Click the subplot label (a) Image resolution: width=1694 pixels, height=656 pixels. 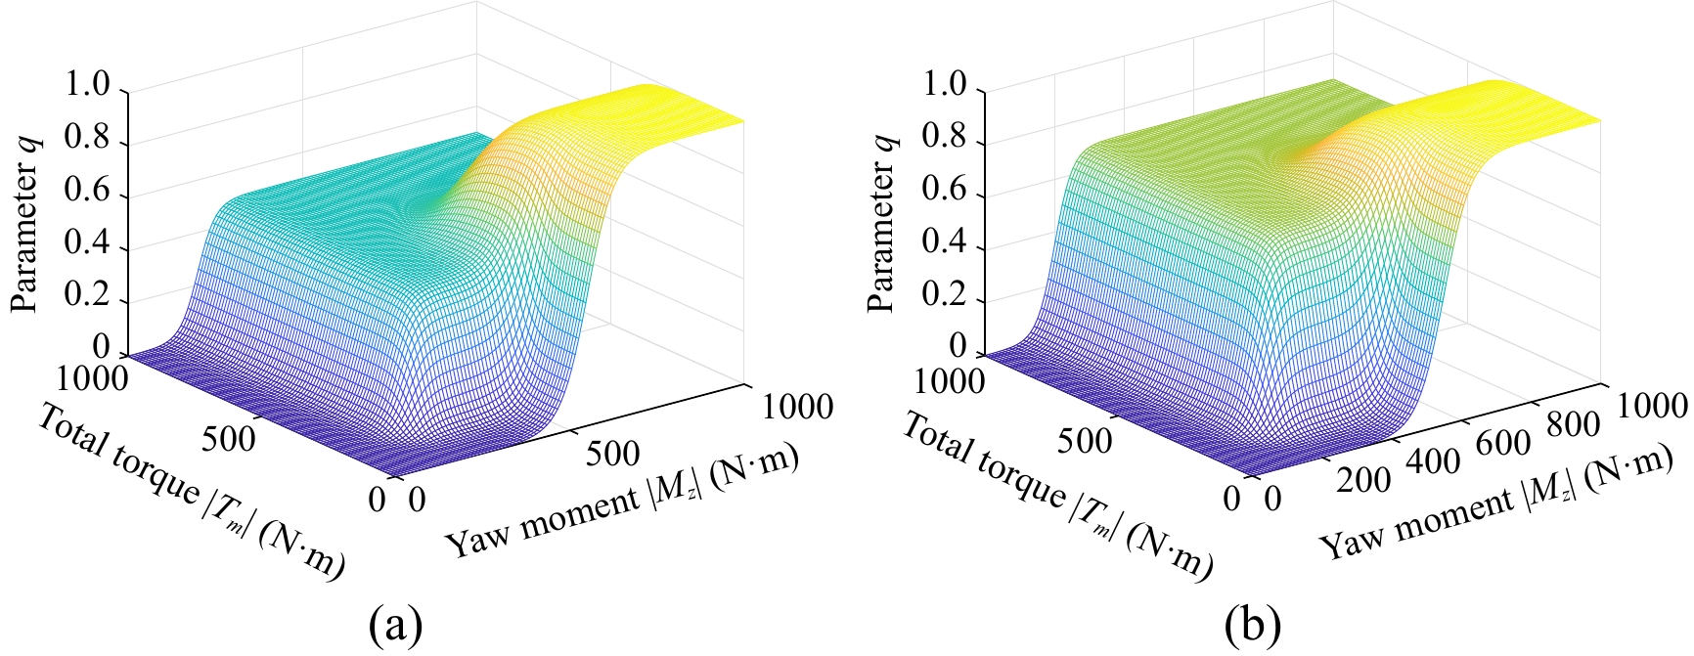395,623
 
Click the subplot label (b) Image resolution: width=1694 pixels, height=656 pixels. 1252,623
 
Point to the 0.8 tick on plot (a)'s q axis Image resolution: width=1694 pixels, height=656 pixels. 91,143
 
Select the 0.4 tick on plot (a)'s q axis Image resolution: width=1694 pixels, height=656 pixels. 91,246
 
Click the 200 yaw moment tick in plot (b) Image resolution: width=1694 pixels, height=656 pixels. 1362,480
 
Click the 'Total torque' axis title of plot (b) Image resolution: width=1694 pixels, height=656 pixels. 1056,495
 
